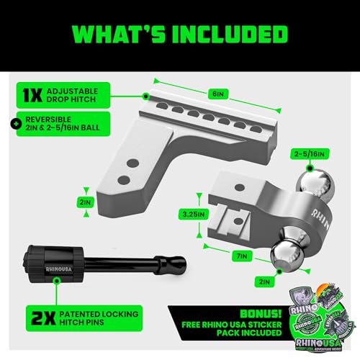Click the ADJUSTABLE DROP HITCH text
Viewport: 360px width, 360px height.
[80, 95]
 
